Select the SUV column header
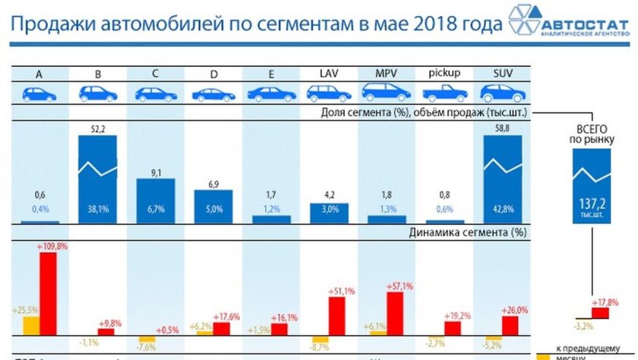coord(501,74)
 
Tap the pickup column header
coord(444,74)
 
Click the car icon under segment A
coord(39,93)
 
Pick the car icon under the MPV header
coord(386,93)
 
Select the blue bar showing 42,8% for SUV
coord(501,179)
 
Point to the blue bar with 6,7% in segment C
coord(155,201)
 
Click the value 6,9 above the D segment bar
coord(213,185)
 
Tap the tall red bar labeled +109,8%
coord(48,293)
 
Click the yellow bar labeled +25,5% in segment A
coord(31,326)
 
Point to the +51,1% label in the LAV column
coord(341,291)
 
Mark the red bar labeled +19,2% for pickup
coord(452,328)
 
